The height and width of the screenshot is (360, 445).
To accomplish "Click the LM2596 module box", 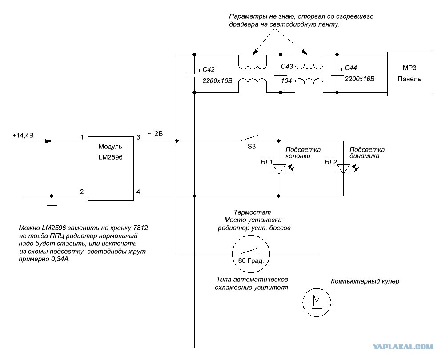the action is pyautogui.click(x=110, y=168).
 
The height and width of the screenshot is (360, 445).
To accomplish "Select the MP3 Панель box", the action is pyautogui.click(x=410, y=73).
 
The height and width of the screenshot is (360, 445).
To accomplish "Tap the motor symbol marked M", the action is pyautogui.click(x=317, y=302).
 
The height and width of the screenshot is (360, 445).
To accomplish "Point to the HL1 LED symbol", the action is pyautogui.click(x=279, y=169).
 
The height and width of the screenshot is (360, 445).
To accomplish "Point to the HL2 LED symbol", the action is pyautogui.click(x=343, y=169).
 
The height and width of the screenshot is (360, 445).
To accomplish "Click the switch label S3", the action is pyautogui.click(x=252, y=146).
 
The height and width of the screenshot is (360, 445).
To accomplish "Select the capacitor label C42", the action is pyautogui.click(x=208, y=70).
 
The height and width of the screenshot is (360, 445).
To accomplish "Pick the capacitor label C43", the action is pyautogui.click(x=287, y=66).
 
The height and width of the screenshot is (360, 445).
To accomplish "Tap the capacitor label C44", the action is pyautogui.click(x=350, y=68).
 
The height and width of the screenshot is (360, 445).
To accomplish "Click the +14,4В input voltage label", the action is pyautogui.click(x=23, y=135).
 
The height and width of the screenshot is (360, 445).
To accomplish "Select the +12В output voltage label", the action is pyautogui.click(x=155, y=133).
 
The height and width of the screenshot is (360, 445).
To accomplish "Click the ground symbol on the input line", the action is pyautogui.click(x=52, y=200).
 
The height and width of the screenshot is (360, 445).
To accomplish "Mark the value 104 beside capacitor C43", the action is pyautogui.click(x=286, y=80).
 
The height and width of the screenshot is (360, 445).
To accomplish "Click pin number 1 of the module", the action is pyautogui.click(x=82, y=137).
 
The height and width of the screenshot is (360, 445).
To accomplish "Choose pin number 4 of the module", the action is pyautogui.click(x=138, y=192).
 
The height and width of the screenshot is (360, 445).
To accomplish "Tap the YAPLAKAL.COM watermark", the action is pyautogui.click(x=403, y=346).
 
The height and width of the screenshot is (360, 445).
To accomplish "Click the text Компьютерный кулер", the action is pyautogui.click(x=365, y=281).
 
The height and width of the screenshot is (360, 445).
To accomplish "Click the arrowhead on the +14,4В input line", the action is pyautogui.click(x=48, y=141).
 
